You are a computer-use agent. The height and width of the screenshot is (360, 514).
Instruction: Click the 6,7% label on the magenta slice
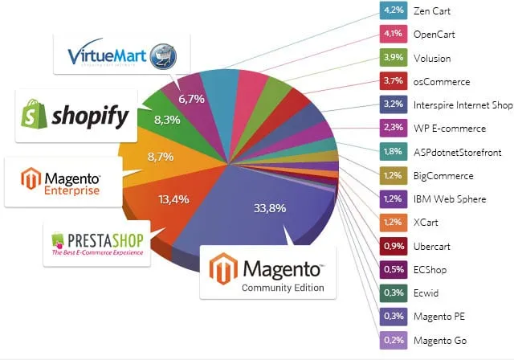pos(193,98)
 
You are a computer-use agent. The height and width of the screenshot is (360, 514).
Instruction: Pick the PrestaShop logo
pos(97,243)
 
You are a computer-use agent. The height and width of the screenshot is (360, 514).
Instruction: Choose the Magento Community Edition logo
pos(267,272)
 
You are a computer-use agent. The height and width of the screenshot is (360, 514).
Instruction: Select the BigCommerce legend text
pos(443,176)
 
